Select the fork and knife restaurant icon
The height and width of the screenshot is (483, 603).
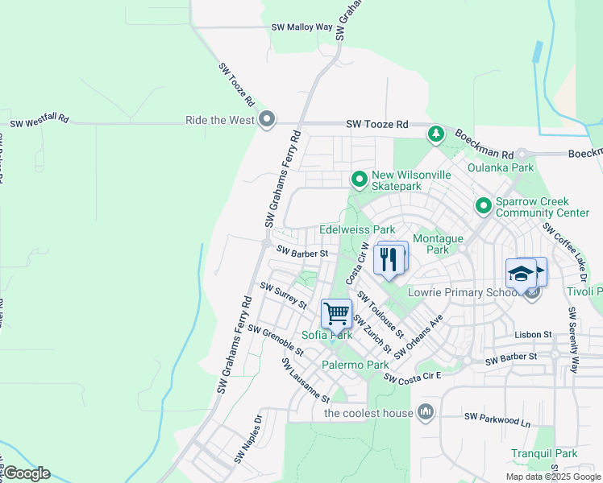(x=389, y=259)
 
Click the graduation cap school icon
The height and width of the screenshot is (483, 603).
(x=522, y=272)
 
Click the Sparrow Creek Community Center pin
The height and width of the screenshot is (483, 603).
(x=483, y=206)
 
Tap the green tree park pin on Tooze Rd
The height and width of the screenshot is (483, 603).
(x=435, y=133)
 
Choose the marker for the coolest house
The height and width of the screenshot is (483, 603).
(x=426, y=414)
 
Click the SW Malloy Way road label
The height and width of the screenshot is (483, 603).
(x=301, y=27)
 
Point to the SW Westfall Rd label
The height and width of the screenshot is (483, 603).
(x=40, y=123)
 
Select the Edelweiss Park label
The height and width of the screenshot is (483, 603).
(x=357, y=230)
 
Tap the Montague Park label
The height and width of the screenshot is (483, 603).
(x=438, y=244)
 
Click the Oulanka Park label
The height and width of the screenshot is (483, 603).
(x=501, y=168)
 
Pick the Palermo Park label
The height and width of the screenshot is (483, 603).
(x=356, y=365)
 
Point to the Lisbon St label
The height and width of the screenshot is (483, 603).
(x=533, y=334)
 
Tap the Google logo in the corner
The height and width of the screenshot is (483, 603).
(x=26, y=473)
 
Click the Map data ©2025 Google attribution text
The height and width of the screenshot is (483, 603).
(x=553, y=477)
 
